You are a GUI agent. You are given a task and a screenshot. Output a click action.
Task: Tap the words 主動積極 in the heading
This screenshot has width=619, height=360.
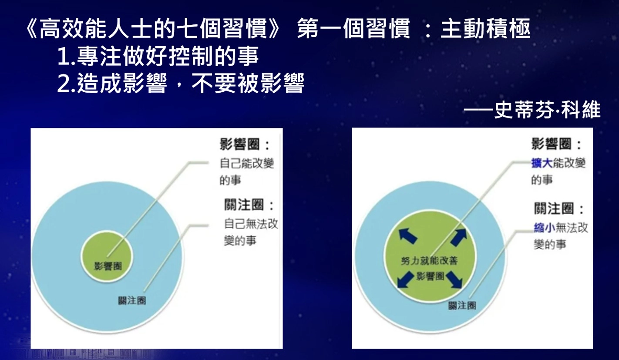coord(485,28)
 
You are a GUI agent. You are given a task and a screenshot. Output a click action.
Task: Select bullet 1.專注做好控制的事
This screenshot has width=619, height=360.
coord(158,56)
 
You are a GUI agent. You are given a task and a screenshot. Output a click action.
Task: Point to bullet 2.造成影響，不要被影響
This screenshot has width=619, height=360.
coord(181,83)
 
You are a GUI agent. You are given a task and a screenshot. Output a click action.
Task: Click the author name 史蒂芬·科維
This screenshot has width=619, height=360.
coord(547,110)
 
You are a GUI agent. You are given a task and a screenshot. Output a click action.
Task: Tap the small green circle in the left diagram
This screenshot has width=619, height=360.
coord(107,257)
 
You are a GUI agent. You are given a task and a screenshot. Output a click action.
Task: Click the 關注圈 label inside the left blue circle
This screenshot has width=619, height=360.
coord(132,301)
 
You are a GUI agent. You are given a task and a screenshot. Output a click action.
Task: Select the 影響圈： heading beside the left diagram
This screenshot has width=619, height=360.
coord(245,144)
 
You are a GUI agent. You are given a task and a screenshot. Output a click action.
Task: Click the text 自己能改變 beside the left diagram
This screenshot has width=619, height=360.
coord(246,163)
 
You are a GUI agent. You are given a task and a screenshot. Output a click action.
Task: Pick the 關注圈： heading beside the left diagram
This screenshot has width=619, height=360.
coord(249,205)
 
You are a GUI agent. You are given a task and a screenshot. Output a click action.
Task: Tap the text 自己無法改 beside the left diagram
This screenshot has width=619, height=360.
coord(251,224)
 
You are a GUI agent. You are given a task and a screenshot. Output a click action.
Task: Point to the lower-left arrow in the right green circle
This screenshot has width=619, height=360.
coord(405,279)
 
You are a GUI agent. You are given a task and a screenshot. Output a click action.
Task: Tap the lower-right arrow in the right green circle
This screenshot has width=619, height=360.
coord(454,279)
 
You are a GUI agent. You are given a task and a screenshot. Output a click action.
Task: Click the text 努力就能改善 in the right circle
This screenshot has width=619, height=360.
coord(430,261)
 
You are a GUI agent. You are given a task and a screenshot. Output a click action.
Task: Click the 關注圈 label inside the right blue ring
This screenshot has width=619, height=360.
coord(462,306)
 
